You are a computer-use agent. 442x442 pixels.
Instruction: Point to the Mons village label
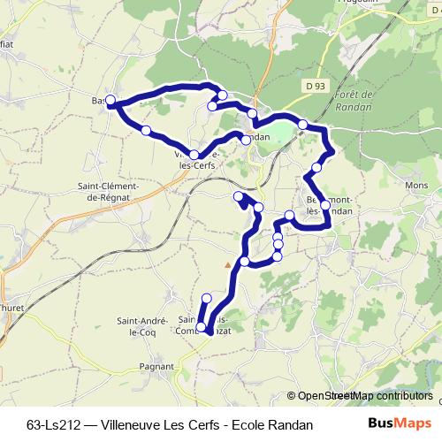point(415,187)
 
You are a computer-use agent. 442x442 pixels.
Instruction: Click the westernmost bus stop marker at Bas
point(110,100)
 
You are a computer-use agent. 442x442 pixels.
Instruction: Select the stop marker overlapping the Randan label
point(246,139)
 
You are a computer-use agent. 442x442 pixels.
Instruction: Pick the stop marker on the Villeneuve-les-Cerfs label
point(194,155)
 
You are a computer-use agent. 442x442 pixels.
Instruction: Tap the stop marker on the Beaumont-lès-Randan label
point(325,205)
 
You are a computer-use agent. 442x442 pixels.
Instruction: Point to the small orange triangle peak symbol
point(228,263)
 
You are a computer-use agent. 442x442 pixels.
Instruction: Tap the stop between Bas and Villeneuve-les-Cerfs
point(146,131)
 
